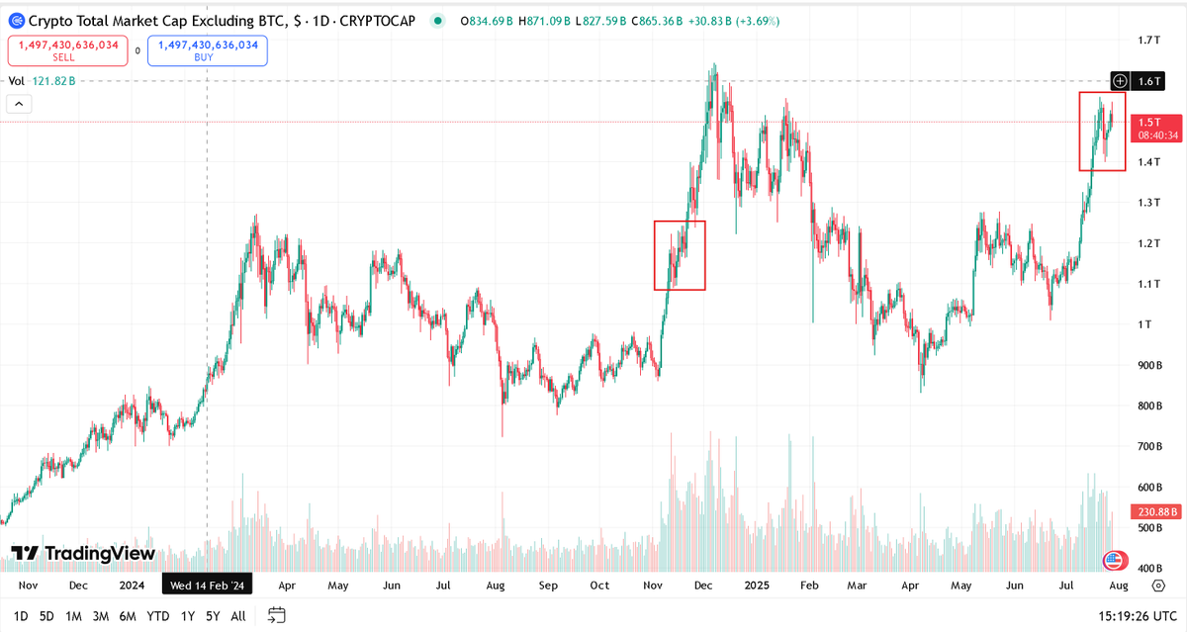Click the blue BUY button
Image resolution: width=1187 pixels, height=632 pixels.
coord(208,50)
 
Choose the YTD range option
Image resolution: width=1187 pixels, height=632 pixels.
coord(156,616)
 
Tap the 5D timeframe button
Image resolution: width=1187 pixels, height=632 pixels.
coord(46,616)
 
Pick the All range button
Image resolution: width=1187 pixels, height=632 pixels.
coord(237,616)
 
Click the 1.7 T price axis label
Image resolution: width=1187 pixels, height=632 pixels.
coord(1148,41)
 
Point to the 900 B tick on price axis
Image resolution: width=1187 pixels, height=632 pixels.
coord(1148,366)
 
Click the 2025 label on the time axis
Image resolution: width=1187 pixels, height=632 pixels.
coord(756,586)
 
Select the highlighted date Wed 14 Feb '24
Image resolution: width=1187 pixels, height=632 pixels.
coord(209,586)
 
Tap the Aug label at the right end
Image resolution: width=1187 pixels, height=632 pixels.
coord(1118,586)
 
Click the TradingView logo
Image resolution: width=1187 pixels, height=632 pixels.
coord(83,554)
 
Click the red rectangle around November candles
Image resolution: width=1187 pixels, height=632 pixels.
coord(680,255)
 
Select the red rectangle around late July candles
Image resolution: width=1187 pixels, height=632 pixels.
coord(1102,132)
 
